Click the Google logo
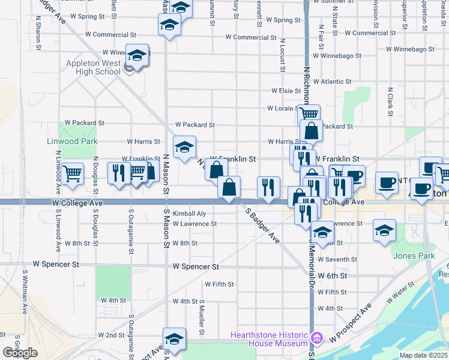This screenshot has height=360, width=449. pos(20,353)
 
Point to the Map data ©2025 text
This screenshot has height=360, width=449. pos(423,355)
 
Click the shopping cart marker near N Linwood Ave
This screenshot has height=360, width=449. pos(72,174)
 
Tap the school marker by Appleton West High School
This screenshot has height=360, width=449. pos(137,56)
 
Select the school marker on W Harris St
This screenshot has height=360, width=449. pos(184,146)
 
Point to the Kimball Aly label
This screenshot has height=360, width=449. pos(189,214)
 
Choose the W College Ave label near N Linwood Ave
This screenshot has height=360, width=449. pos(78,203)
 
